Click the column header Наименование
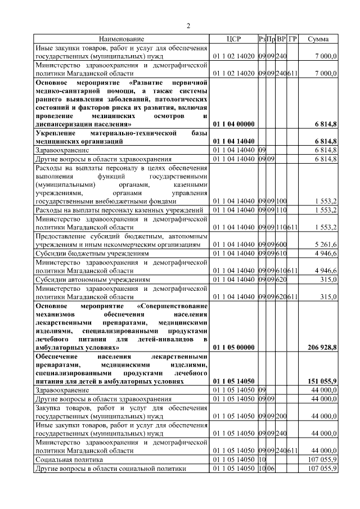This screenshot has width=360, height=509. click(121, 39)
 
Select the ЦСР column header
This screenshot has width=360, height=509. click(233, 39)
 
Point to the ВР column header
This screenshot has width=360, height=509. click(281, 39)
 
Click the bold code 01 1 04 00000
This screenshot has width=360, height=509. click(234, 124)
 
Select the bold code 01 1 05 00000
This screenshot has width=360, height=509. click(234, 349)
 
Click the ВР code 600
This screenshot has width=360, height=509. click(281, 245)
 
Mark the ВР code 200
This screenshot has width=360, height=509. click(281, 417)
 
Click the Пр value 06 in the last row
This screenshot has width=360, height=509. click(271, 468)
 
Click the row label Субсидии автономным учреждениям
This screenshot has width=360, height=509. click(93, 280)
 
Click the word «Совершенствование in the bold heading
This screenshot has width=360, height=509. click(173, 305)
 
